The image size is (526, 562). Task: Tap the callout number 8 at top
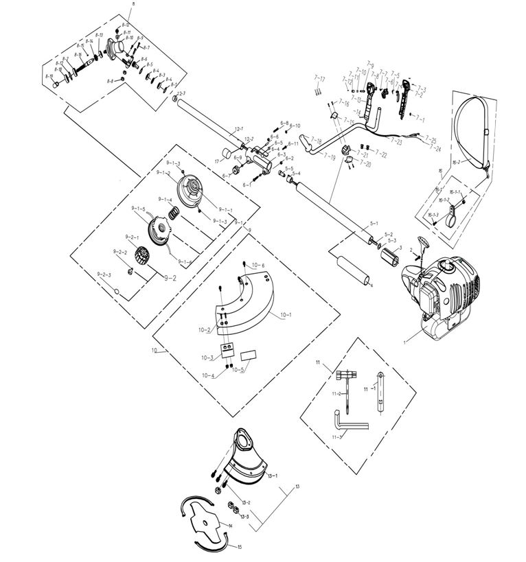133,4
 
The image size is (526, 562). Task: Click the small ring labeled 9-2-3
117,292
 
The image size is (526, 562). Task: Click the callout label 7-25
431,139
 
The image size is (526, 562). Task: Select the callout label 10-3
207,358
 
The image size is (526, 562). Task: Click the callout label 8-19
49,76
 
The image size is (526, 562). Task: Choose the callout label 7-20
365,165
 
